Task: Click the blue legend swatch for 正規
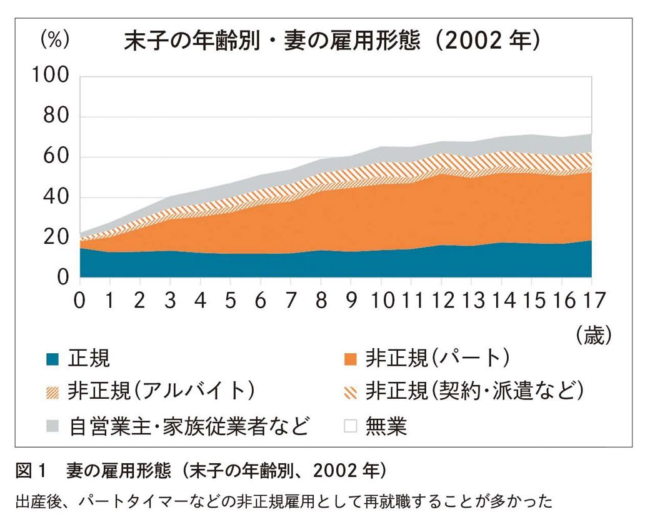pyautogui.click(x=52, y=359)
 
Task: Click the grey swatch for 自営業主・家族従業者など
pyautogui.click(x=52, y=426)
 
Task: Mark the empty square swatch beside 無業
pyautogui.click(x=351, y=426)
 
